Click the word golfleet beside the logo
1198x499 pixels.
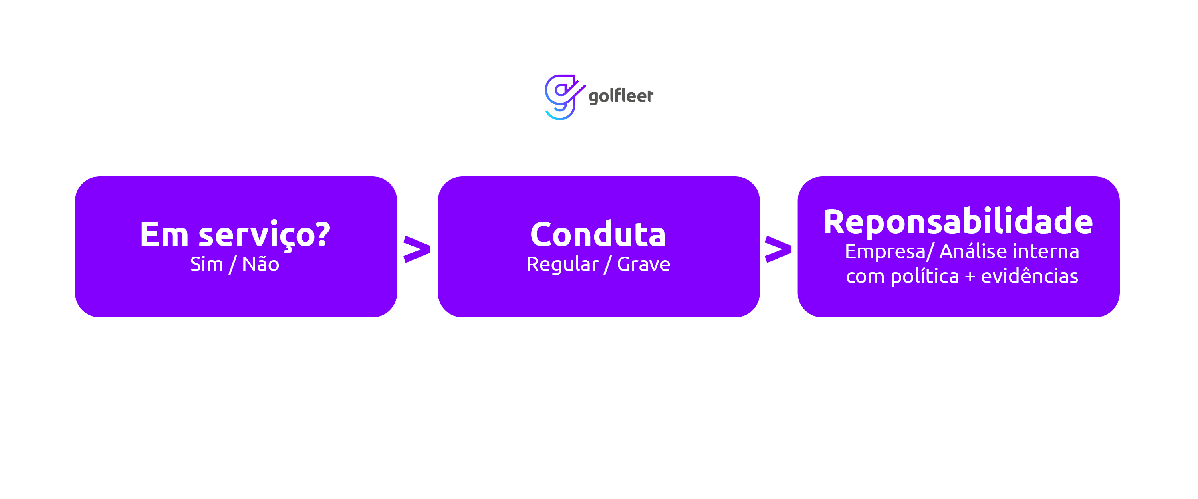tap(621, 96)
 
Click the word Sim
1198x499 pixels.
tap(206, 264)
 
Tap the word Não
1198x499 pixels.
tap(260, 264)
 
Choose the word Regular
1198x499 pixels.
tap(562, 264)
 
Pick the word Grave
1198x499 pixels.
tap(644, 264)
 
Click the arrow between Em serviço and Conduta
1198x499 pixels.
tap(417, 249)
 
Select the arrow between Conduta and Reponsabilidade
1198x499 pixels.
tap(778, 249)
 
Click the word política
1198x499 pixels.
tap(924, 277)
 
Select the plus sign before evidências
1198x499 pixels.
tap(970, 277)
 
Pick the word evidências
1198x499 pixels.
tap(1029, 276)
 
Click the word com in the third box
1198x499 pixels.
tap(865, 277)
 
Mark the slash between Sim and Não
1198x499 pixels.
tap(232, 265)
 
